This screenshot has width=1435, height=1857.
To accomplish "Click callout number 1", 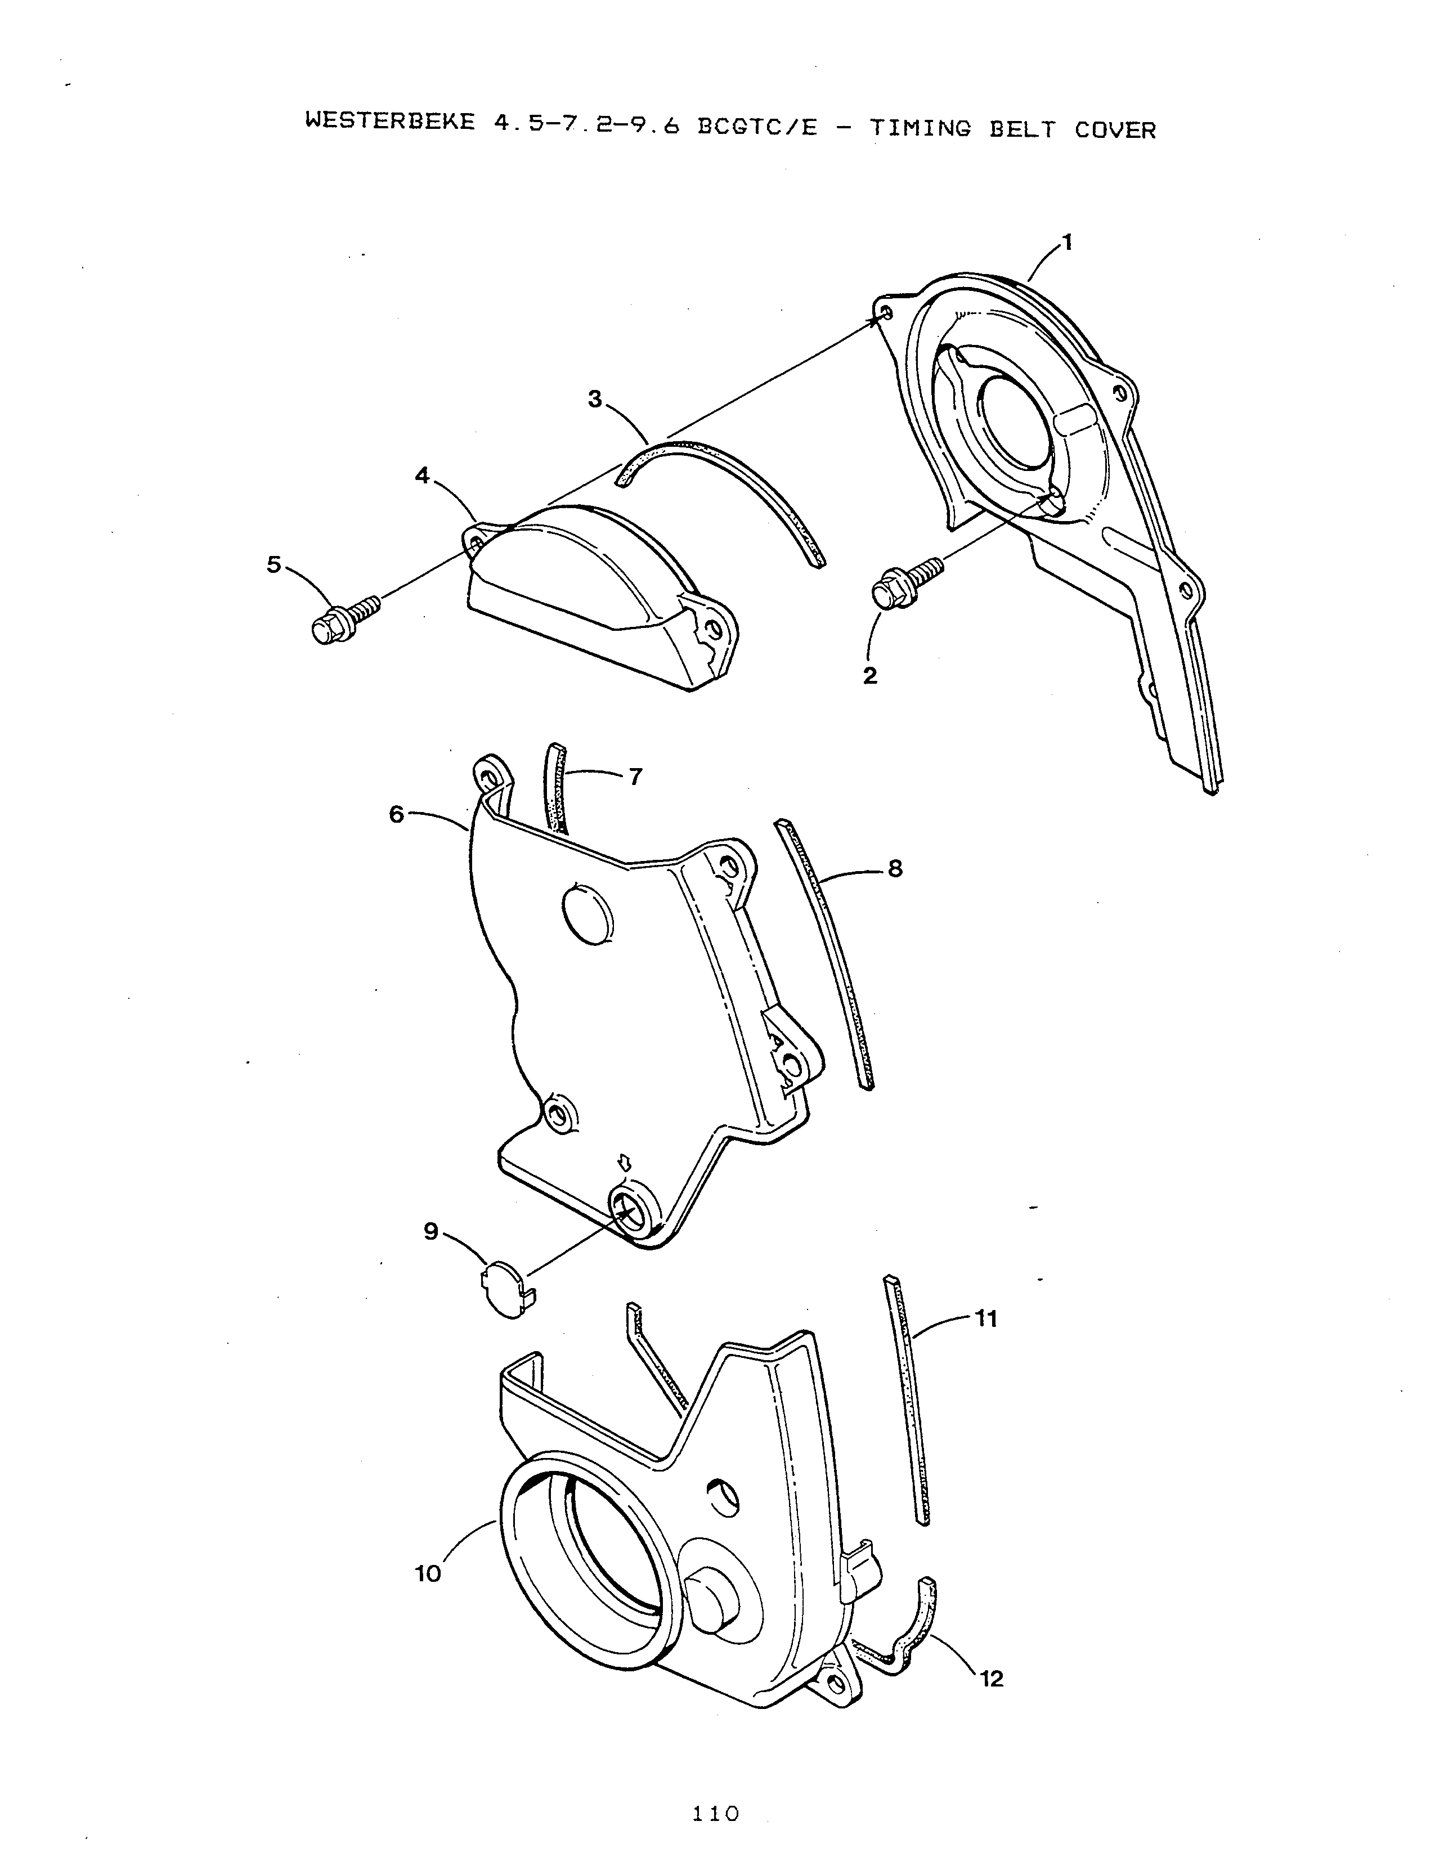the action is click(x=1068, y=243).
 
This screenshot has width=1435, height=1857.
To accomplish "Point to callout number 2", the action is click(x=869, y=676).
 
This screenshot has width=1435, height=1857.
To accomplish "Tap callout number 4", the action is click(x=423, y=476).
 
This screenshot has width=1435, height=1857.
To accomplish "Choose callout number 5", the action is click(x=273, y=564).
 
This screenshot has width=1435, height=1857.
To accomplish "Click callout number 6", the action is click(x=397, y=814).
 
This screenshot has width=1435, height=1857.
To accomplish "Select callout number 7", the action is click(x=635, y=777).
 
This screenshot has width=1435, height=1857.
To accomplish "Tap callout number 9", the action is click(x=431, y=1231).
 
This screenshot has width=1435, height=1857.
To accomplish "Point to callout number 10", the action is click(x=428, y=1574).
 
